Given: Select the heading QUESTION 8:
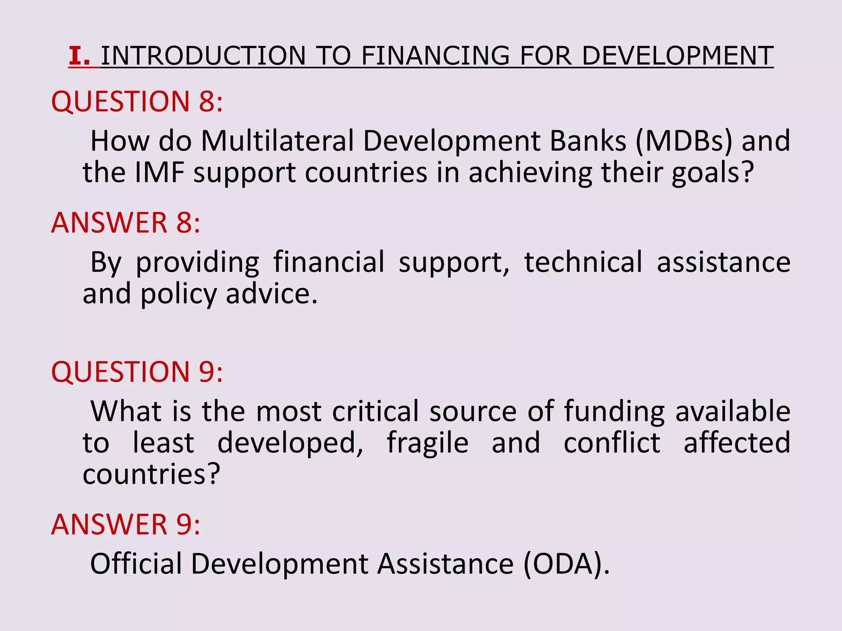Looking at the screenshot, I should point(137,101).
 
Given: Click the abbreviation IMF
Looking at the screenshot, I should point(159,173).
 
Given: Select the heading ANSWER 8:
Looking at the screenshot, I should point(126,223).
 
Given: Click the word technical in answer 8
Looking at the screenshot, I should point(583,262).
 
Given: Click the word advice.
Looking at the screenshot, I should point(272,294).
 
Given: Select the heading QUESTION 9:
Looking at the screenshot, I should point(137,372).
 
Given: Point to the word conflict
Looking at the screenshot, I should point(612,443).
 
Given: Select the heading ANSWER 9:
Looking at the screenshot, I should point(126,525).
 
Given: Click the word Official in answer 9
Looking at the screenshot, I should point(136,564).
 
